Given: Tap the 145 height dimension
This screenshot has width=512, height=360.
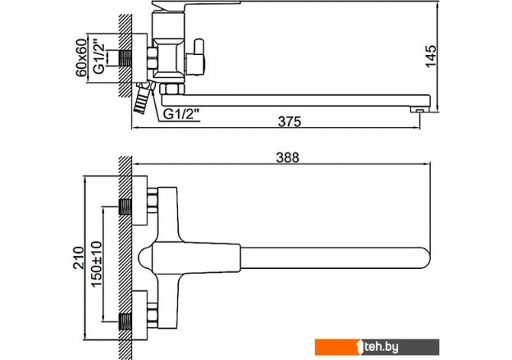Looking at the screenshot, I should [x=432, y=56].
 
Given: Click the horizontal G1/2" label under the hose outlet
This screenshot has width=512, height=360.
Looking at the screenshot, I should [x=181, y=114].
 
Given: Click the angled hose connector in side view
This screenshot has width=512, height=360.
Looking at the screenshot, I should [x=141, y=99].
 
